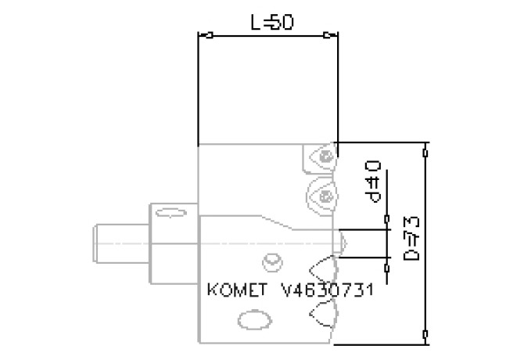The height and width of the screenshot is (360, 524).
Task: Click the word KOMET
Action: (236, 290)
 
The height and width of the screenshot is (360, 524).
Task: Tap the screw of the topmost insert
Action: (325, 157)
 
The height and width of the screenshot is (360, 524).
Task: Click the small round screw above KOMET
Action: (271, 259)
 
